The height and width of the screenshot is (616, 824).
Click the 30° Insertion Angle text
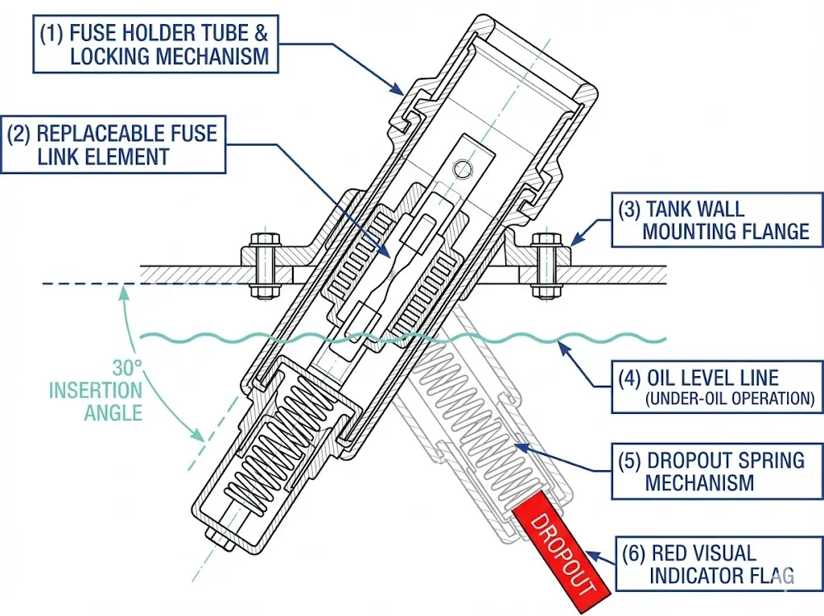tap(97, 391)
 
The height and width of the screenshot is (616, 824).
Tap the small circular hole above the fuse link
tap(462, 168)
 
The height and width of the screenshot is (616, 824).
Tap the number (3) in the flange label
tap(629, 209)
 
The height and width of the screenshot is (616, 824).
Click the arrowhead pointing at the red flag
tap(590, 554)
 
